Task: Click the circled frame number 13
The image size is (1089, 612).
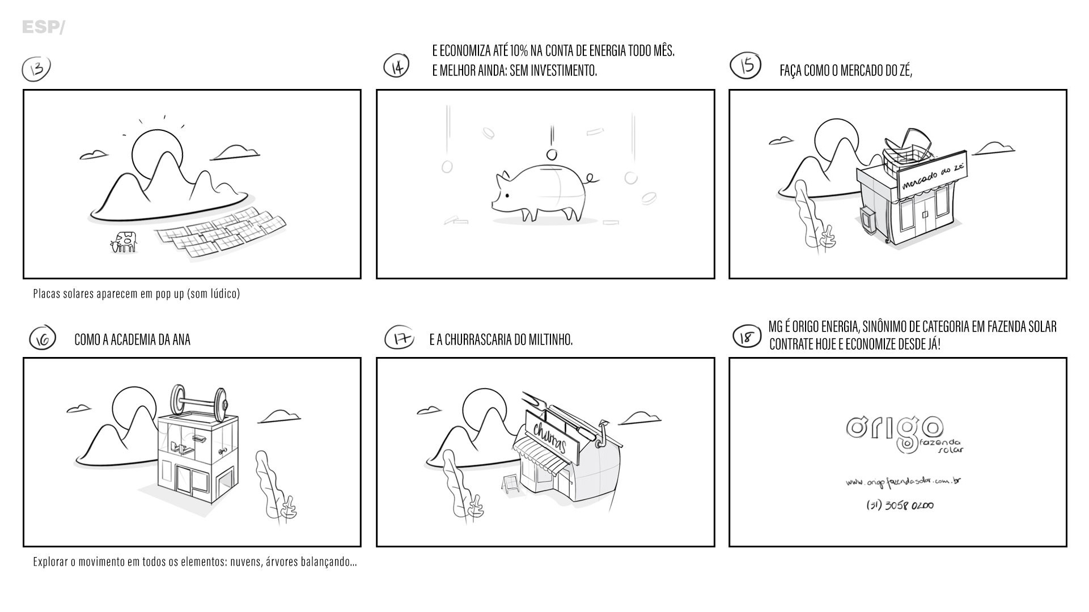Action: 36,69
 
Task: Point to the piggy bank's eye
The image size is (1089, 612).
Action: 507,195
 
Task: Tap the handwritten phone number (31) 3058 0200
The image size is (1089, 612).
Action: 900,505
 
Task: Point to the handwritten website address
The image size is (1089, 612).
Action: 904,482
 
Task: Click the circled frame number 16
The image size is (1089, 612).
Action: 43,338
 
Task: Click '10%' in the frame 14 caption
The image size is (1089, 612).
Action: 519,51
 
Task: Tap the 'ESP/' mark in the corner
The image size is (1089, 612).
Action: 44,27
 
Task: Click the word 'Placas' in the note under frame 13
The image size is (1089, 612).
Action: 46,294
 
